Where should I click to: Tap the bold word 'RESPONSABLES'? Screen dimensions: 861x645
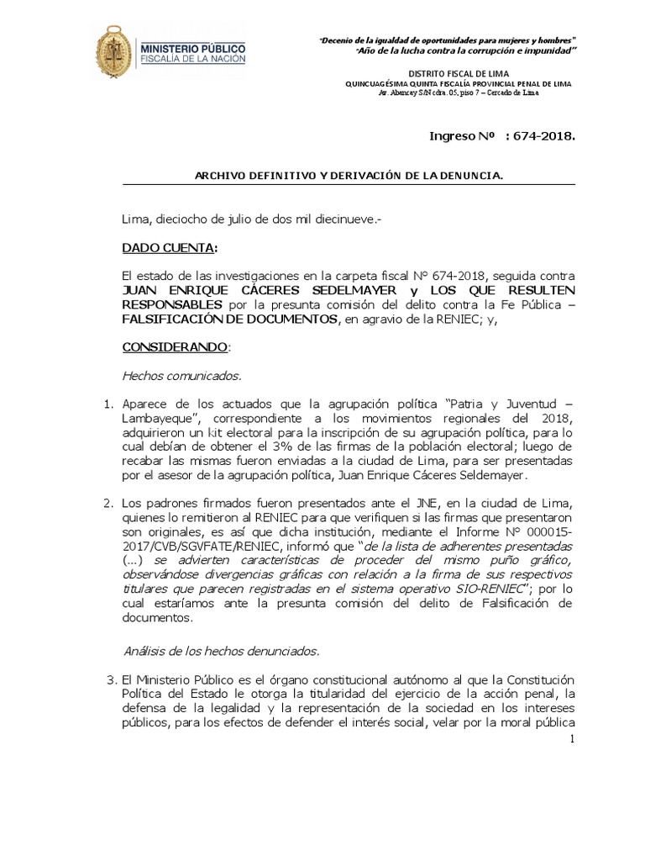[172, 304]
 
